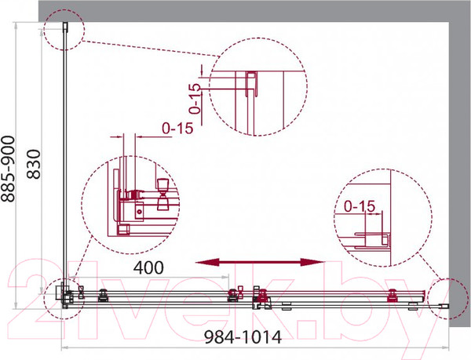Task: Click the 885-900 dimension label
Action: click(x=8, y=169)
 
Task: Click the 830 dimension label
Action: click(x=34, y=164)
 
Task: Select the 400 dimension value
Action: click(x=148, y=267)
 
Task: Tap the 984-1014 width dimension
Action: click(x=243, y=337)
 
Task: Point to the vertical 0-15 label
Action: click(x=195, y=98)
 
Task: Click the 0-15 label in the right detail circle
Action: click(x=360, y=206)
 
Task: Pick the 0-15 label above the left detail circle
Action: click(x=177, y=129)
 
